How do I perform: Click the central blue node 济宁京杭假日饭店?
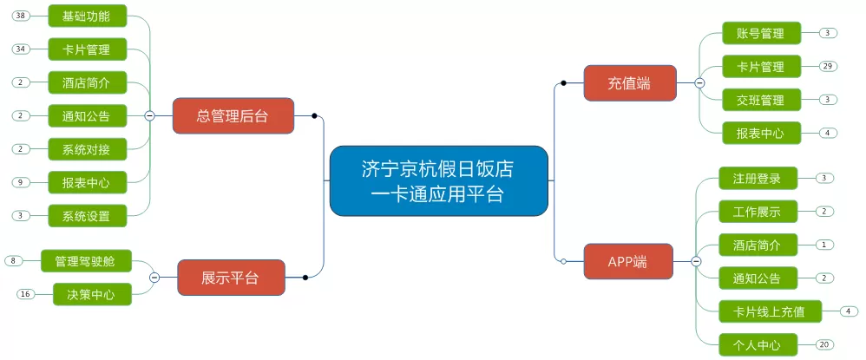point(438,180)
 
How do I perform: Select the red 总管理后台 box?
point(233,116)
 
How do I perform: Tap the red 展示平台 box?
point(231,278)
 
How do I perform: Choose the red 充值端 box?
point(630,83)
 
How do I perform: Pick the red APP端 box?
point(628,262)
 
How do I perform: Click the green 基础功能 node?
point(88,16)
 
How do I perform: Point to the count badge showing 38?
point(21,16)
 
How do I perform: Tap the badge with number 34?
point(21,49)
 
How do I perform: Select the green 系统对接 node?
point(88,149)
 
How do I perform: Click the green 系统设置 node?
point(88,216)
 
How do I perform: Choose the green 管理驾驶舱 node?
point(87,260)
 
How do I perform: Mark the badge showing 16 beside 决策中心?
point(25,294)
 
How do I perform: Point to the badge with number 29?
point(827,66)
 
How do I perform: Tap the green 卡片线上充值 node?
point(771,311)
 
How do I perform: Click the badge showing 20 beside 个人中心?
point(824,344)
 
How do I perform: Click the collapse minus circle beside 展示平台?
point(154,278)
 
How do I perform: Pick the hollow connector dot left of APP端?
point(563,262)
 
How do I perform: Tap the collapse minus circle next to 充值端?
point(699,83)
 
